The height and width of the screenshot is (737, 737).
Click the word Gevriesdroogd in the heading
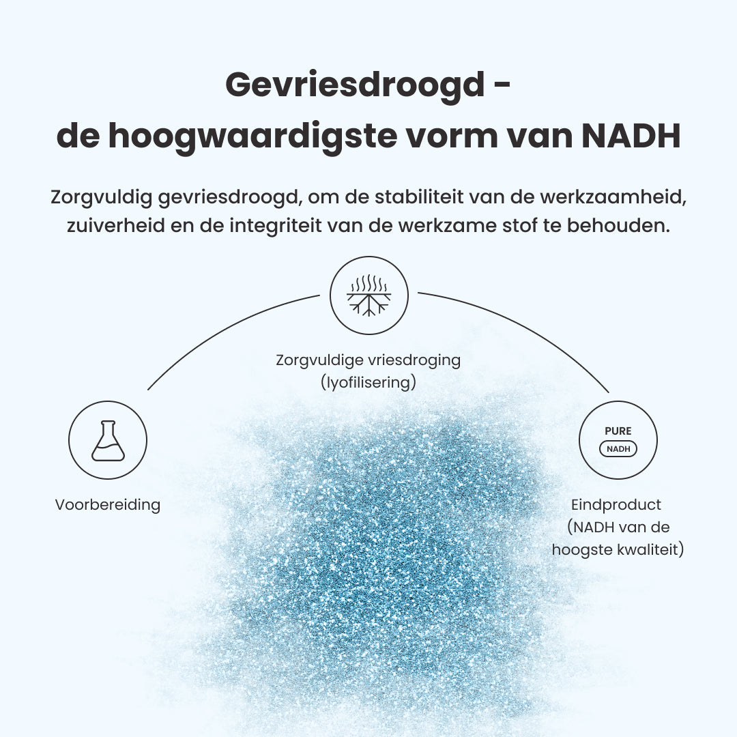350,85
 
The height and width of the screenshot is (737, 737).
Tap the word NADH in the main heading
631,136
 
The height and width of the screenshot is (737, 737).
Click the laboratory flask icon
108,440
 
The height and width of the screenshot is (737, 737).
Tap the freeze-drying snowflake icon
369,295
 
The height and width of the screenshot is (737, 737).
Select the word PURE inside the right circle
618,431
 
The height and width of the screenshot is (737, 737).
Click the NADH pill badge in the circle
618,449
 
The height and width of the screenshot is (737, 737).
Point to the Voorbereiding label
108,505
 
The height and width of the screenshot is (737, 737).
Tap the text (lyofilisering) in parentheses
369,383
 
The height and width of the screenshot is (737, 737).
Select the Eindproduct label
616,505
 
